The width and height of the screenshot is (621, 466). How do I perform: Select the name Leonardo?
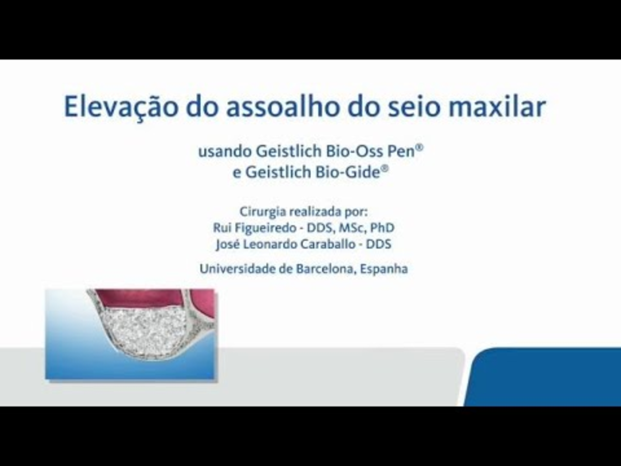tap(270, 244)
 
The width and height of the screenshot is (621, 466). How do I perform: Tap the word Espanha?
tap(383, 269)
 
